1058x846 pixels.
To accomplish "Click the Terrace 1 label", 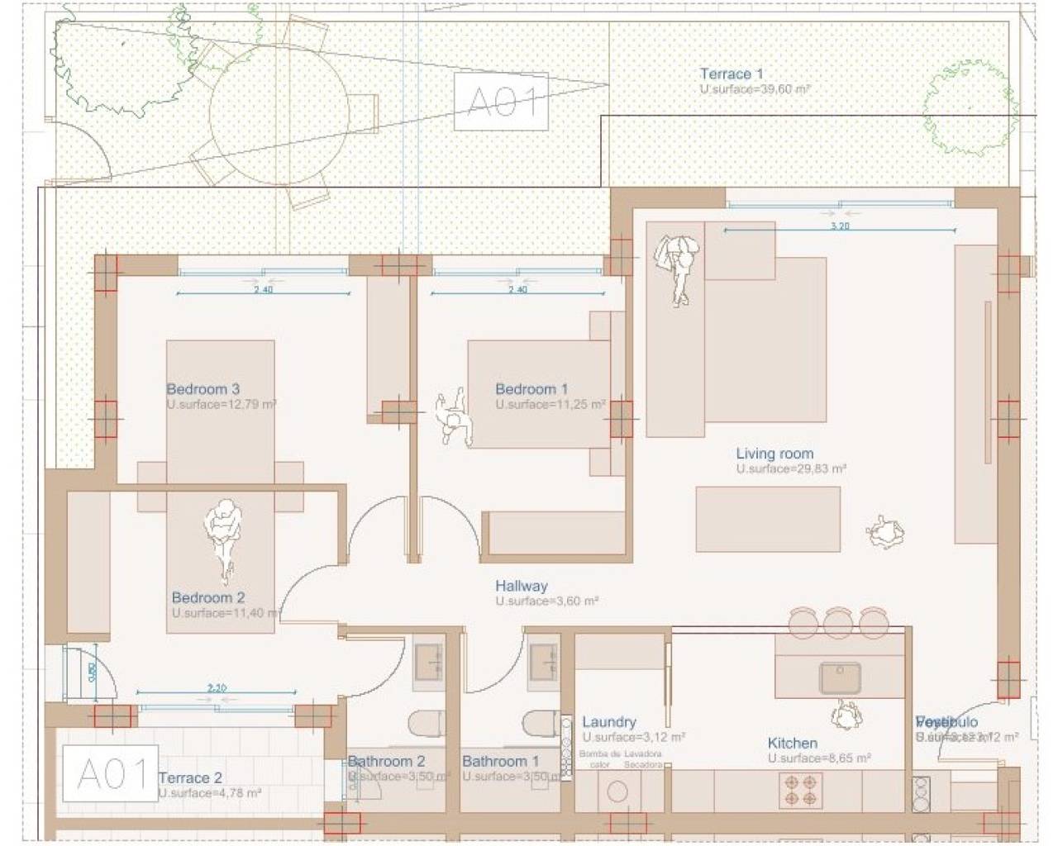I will coord(731,74).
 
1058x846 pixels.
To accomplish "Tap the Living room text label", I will coord(774,454).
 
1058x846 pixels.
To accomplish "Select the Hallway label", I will coord(521,586).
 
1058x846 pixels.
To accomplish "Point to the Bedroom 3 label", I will coord(203,389).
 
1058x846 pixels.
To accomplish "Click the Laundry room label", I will coord(608,722).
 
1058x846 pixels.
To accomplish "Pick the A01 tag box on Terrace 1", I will coord(501,102).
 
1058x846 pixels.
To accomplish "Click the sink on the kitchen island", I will coord(840,678).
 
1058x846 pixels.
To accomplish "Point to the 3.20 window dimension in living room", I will coord(839,226).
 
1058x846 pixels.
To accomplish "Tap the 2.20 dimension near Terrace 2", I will coord(217,687).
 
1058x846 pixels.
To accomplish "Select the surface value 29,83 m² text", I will coord(791,468).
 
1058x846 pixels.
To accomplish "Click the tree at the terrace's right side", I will coord(969,105).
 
